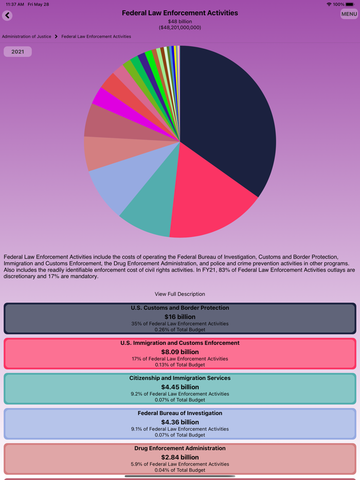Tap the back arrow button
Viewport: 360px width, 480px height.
[x=7, y=15]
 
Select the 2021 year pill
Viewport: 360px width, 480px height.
[x=17, y=51]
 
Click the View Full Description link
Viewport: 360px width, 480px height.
[x=180, y=294]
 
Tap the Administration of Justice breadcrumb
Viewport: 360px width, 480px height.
[x=27, y=36]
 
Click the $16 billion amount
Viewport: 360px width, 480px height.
[x=180, y=317]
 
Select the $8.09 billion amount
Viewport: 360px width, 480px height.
[x=180, y=352]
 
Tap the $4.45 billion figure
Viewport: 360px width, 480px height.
[x=180, y=387]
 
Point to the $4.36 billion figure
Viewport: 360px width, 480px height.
[x=180, y=422]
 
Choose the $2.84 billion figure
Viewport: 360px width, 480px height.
[x=180, y=457]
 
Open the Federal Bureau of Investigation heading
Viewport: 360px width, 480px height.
[x=180, y=413]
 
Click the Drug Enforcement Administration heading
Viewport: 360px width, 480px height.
[x=180, y=448]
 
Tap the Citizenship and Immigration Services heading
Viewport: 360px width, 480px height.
[x=180, y=378]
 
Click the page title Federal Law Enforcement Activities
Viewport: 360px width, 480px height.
[x=180, y=13]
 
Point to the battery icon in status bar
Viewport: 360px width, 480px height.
[x=350, y=4]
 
